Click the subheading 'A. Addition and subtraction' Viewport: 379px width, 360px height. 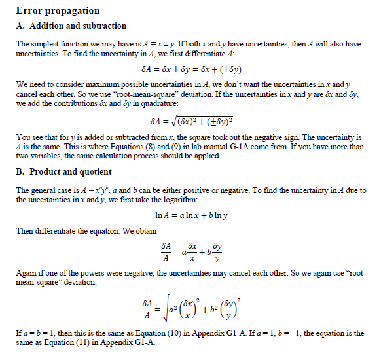[x=71, y=26]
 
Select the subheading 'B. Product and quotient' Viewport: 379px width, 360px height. [x=66, y=172]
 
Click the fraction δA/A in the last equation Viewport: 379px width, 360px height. [x=148, y=307]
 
